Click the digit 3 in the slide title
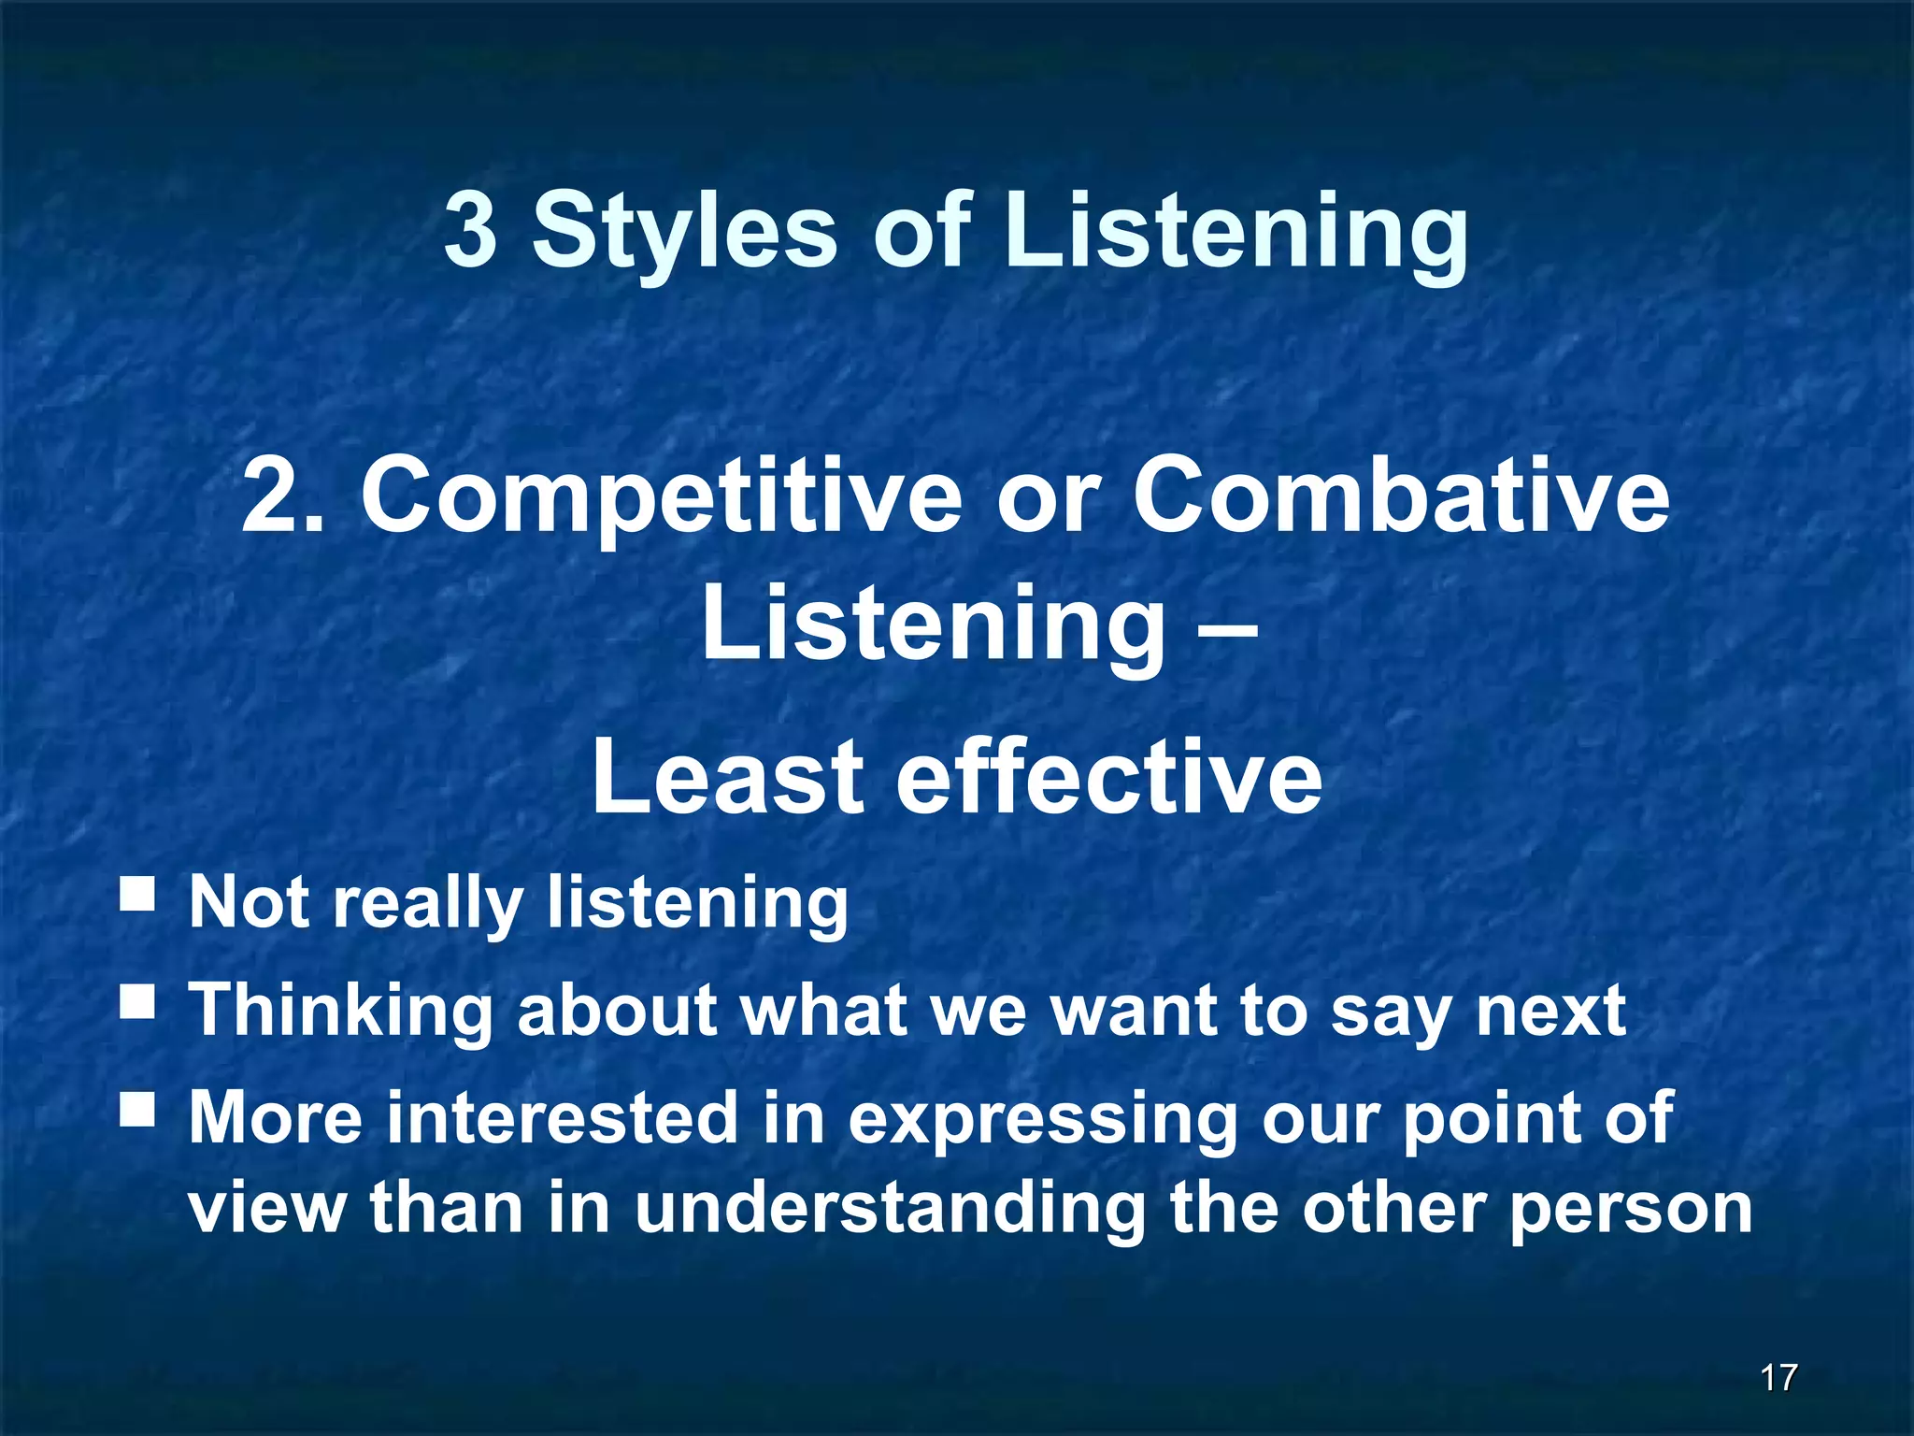(470, 230)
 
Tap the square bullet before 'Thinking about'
(137, 1002)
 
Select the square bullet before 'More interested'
(137, 1110)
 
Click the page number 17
(1778, 1377)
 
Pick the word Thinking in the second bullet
(340, 1012)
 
